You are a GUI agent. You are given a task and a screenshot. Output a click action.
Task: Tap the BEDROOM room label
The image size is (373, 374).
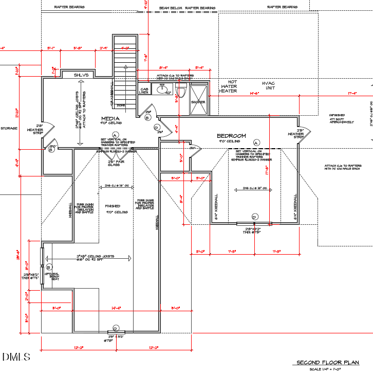(231, 136)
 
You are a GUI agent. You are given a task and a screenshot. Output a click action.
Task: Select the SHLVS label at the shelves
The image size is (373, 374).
(81, 75)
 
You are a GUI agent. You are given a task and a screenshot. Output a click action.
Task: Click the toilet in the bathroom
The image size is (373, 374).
(179, 93)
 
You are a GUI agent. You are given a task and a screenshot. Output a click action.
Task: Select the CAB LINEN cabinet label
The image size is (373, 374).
(144, 91)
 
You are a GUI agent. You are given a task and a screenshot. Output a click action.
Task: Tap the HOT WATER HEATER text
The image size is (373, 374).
(229, 86)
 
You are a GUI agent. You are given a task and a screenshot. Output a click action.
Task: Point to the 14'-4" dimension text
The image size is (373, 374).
(116, 308)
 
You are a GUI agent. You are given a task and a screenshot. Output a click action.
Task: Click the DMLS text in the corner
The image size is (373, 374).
(16, 357)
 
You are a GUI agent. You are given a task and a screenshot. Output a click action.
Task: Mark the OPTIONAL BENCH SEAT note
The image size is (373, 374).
(54, 276)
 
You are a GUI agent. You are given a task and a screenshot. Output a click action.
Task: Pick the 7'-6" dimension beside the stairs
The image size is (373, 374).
(145, 58)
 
